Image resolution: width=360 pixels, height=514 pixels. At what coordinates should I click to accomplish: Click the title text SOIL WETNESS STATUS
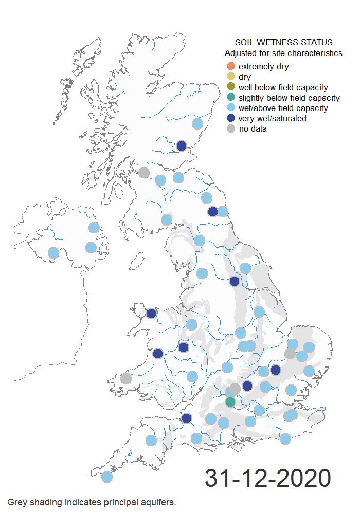(x=283, y=42)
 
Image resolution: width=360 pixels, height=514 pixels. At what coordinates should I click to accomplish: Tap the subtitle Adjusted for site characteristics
(x=283, y=53)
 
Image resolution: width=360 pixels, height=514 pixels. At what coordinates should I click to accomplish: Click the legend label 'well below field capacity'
(x=283, y=87)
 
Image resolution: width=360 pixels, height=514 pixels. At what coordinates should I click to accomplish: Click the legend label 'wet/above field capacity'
(x=283, y=108)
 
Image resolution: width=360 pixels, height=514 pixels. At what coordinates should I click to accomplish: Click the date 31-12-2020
(x=267, y=478)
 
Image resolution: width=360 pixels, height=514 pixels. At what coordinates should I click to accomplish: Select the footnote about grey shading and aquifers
(x=92, y=502)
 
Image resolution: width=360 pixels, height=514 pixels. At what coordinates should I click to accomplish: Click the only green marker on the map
(x=230, y=401)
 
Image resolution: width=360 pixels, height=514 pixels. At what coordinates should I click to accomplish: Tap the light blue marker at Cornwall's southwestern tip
(x=106, y=476)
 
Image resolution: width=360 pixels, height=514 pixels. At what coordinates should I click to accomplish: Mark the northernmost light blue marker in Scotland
(x=197, y=123)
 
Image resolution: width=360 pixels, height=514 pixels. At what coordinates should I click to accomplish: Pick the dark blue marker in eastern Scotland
(x=182, y=146)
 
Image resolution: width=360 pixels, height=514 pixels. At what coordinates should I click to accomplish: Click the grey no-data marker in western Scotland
(x=144, y=172)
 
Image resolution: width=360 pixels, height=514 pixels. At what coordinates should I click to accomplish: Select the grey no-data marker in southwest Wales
(x=125, y=379)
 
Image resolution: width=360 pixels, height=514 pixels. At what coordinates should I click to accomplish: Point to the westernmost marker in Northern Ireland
(x=53, y=252)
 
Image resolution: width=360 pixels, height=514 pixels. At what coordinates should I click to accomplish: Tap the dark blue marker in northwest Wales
(x=151, y=314)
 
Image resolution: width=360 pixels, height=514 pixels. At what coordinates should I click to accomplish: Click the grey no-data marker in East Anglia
(x=291, y=354)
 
